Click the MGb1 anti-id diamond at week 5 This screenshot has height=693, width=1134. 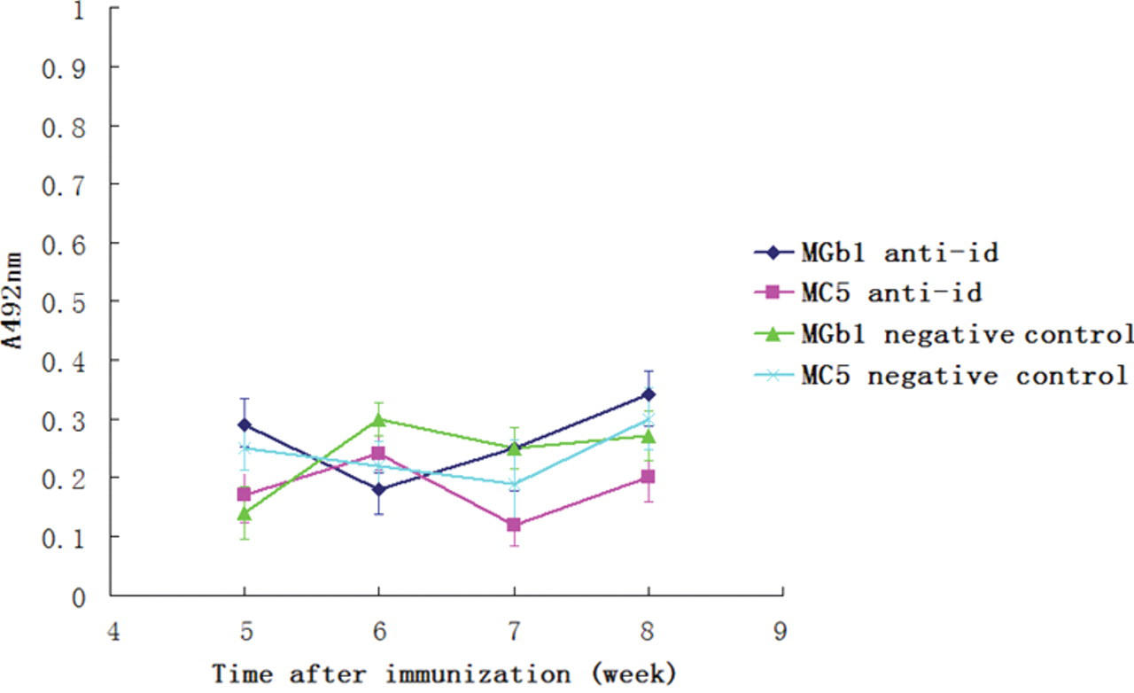tap(245, 424)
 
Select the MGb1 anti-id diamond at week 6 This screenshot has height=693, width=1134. tap(378, 489)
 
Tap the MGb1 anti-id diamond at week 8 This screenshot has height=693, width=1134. tap(648, 394)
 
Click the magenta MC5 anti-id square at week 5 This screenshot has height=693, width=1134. tap(244, 494)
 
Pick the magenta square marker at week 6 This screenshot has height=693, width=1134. tap(378, 453)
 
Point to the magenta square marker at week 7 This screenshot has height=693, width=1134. tap(514, 525)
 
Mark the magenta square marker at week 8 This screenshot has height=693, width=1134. tap(648, 477)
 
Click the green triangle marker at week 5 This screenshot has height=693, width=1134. tap(245, 513)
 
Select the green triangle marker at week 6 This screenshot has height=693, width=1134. tap(378, 419)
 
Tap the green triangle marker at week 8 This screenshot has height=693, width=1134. tap(649, 436)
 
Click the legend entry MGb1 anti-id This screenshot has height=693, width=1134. tap(876, 253)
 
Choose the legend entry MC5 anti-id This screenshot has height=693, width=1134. tap(867, 292)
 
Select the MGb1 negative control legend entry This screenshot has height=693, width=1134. tap(944, 334)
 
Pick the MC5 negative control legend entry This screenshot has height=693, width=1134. tap(941, 376)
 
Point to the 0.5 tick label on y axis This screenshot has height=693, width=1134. tap(63, 303)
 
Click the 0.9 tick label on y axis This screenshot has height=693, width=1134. tap(63, 69)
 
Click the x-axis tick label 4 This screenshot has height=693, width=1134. tap(114, 631)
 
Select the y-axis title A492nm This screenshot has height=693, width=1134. tap(12, 301)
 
